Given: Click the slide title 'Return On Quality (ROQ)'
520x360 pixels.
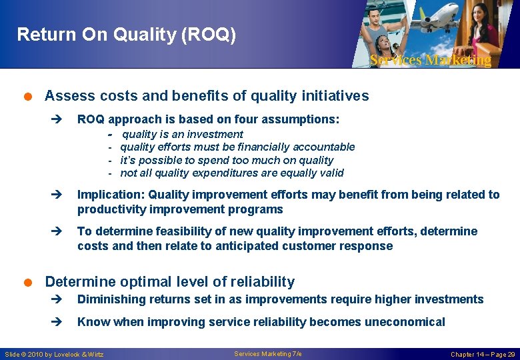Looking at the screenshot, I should (126, 35).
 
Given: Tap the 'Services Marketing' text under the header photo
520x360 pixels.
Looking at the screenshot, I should (430, 60).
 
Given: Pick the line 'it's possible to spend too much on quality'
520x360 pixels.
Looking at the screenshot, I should (227, 160).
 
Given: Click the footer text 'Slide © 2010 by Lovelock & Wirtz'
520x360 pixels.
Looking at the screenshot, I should (55, 354).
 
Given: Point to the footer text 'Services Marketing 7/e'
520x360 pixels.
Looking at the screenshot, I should (268, 354).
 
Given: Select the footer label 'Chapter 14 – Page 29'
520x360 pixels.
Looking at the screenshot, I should (483, 354).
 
